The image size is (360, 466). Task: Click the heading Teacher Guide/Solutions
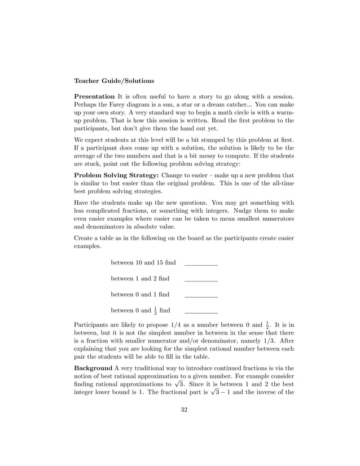coord(114,81)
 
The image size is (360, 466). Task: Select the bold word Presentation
coord(94,96)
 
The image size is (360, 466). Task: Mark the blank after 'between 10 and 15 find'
coord(201,263)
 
